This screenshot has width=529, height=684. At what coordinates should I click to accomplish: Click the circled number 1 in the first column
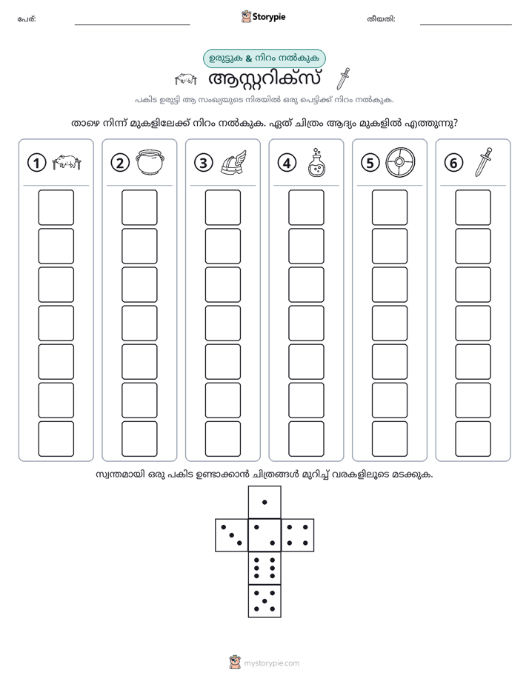(36, 163)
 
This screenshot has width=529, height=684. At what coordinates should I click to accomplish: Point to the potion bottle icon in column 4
(316, 162)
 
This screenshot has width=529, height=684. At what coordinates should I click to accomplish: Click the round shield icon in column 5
(400, 162)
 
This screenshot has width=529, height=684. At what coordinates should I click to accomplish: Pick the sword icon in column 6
(483, 162)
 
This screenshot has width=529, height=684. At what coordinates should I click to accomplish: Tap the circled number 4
(287, 163)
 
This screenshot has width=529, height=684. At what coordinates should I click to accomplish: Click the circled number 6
(453, 163)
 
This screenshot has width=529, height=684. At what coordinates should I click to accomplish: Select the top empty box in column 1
(56, 207)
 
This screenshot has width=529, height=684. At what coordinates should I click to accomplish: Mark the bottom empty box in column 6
(473, 439)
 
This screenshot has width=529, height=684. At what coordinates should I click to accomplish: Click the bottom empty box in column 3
(222, 439)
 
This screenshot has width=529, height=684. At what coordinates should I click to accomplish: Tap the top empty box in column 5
(390, 207)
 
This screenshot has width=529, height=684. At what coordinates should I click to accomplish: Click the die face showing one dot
(264, 502)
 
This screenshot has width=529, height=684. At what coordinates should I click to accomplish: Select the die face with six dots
(264, 568)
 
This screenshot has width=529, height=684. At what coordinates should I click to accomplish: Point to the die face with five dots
(264, 601)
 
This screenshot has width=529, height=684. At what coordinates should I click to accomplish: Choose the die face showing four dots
(298, 535)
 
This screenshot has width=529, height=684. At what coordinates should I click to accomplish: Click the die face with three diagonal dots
(232, 535)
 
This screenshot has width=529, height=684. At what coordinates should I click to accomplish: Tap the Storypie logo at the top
(263, 16)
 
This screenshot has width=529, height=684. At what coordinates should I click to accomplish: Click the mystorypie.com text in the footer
(271, 663)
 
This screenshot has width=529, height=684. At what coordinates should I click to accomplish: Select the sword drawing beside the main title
(344, 78)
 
